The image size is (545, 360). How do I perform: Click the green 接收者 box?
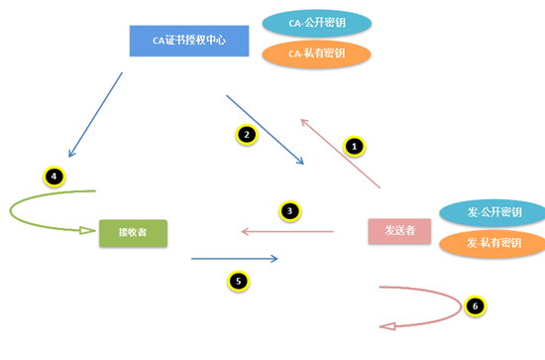coord(133,233)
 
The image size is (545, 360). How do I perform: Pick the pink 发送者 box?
coord(399,231)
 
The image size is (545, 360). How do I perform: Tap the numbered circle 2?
coord(248,134)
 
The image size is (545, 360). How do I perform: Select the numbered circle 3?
coord(289,210)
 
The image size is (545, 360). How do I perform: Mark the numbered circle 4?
coord(54,177)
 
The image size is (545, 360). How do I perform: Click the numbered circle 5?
coord(237,281)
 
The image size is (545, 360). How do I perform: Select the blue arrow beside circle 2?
coord(265,130)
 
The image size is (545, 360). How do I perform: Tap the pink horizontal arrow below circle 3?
coord(287,231)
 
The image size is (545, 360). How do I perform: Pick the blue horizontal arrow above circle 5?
coord(234,260)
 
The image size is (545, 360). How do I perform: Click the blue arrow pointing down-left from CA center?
coord(96,114)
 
